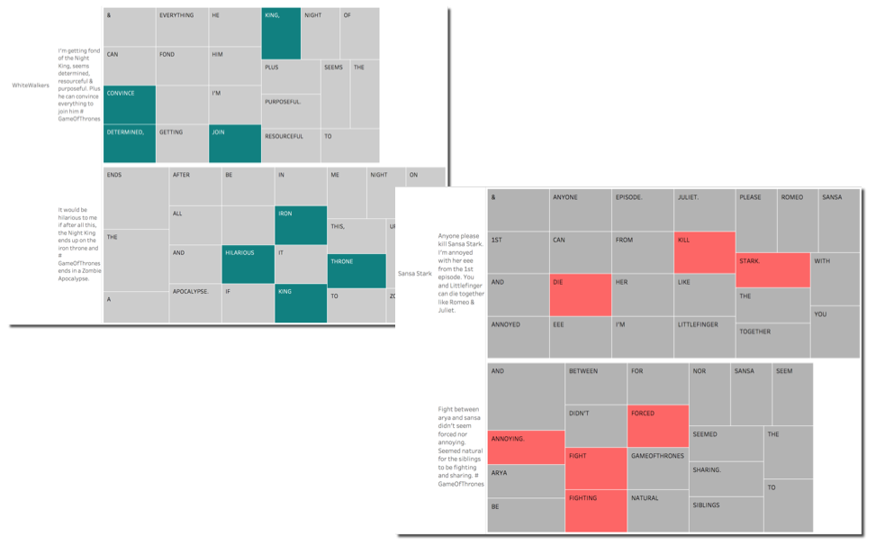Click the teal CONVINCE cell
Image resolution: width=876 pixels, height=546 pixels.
[x=130, y=105]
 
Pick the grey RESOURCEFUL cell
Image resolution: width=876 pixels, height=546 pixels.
[x=291, y=145]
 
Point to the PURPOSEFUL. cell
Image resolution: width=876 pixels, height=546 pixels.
[x=291, y=111]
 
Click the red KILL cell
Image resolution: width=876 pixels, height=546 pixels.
[x=704, y=252]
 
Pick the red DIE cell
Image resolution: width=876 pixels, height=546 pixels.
[x=580, y=295]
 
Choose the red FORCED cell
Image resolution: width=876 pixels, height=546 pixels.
[x=657, y=426]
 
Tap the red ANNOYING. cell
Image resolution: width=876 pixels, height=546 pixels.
[x=526, y=447]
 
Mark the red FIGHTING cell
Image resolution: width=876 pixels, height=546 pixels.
[x=595, y=510]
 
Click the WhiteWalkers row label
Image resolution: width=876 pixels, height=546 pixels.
[x=31, y=86]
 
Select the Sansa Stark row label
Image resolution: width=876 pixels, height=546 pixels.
[x=414, y=273]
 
